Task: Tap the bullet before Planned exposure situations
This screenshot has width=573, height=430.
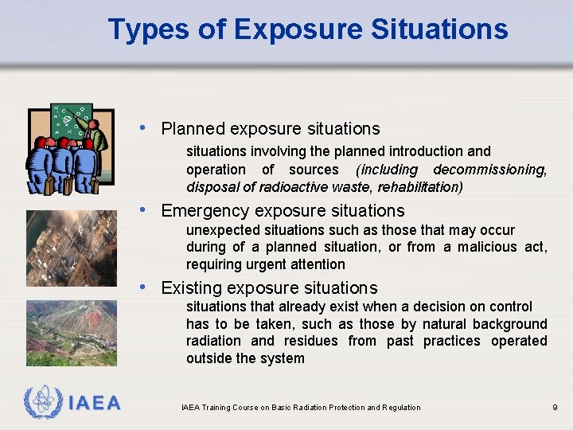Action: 142,127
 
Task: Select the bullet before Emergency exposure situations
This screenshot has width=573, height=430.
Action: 142,209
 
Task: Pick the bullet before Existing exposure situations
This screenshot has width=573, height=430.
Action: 142,287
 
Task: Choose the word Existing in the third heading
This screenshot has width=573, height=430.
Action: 189,288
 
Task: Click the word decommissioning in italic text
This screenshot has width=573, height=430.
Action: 490,170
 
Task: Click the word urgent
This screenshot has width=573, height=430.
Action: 273,264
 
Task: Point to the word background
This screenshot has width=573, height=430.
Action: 510,324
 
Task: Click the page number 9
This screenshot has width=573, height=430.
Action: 555,408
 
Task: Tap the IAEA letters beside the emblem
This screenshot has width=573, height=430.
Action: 93,403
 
